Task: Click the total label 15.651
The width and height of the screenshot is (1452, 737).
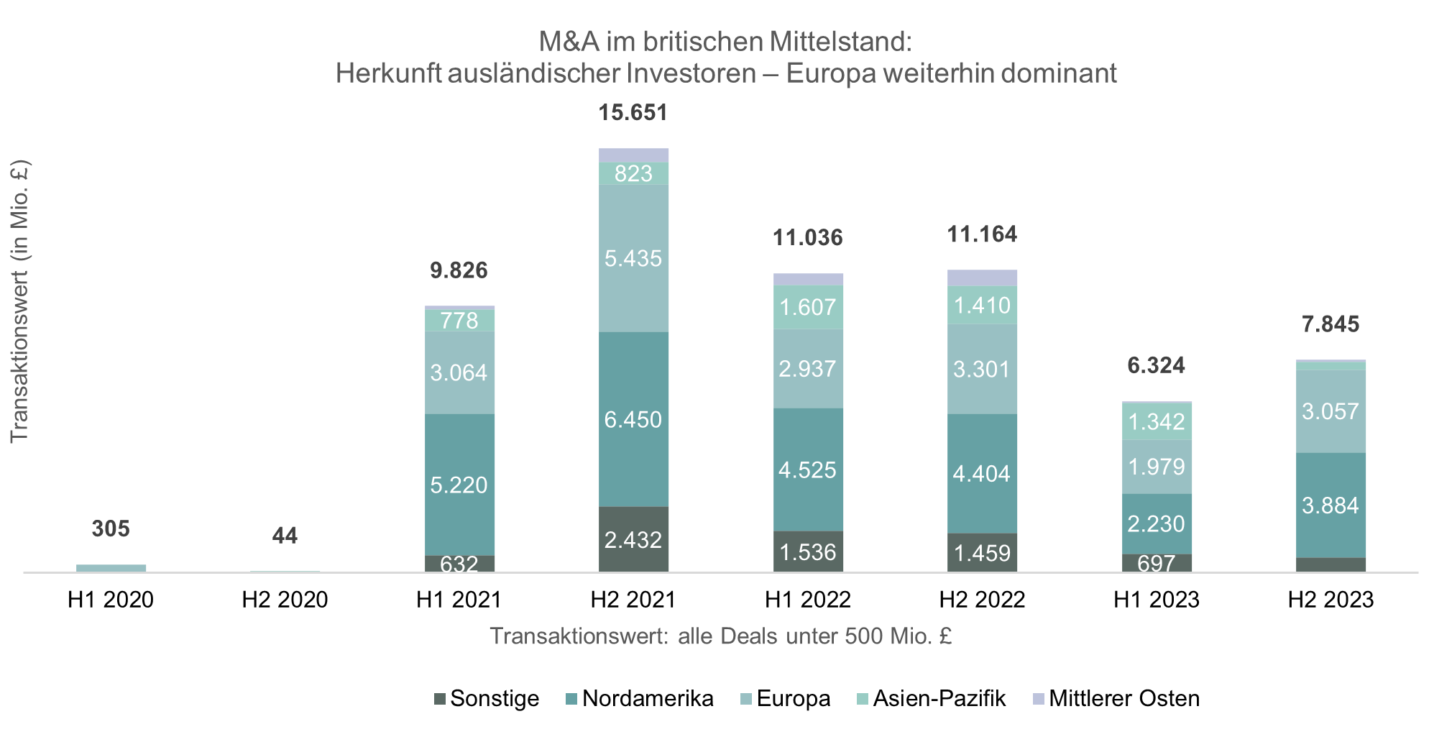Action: pos(633,112)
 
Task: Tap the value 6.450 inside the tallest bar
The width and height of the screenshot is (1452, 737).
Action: pos(633,419)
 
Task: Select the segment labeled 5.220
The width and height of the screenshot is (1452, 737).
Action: pos(459,485)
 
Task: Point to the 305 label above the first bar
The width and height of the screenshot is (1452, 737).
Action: pos(111,528)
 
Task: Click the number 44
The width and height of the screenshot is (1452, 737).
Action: pos(285,536)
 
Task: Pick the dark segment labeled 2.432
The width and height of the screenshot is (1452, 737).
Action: pos(633,539)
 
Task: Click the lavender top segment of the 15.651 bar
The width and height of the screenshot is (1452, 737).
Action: pos(633,155)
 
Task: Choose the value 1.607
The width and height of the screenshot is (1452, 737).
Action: pos(808,307)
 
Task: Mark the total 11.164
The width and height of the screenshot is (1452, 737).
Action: pos(982,234)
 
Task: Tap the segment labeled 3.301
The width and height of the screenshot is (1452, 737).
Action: pos(982,369)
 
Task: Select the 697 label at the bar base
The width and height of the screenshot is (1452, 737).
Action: pos(1157,563)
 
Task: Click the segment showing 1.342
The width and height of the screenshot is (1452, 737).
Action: pos(1157,421)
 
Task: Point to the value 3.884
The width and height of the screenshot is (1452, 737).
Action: pos(1331,505)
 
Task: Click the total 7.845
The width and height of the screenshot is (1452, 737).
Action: pos(1331,324)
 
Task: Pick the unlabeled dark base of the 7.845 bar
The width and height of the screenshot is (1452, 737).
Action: pos(1331,564)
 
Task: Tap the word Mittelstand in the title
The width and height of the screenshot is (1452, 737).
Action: pos(840,42)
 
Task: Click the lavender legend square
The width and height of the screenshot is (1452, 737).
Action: pos(1039,699)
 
